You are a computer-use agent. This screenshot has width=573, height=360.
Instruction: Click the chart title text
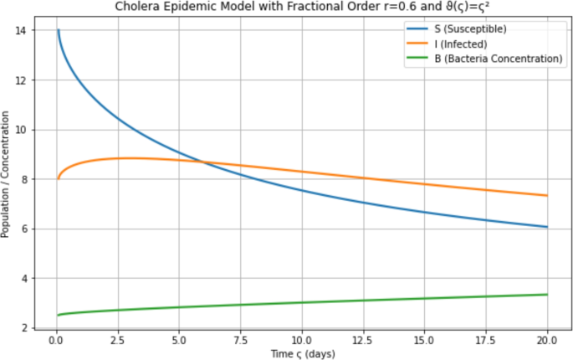[x=302, y=7]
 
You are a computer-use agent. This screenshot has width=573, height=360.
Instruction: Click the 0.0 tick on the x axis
[x=56, y=342]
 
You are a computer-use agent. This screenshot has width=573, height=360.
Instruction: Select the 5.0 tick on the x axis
[x=178, y=342]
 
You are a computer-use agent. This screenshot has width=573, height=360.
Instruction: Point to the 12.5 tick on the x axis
[x=362, y=342]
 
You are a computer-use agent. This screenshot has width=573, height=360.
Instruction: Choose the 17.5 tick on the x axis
[x=485, y=342]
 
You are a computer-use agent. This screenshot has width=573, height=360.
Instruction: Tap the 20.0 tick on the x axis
[x=546, y=342]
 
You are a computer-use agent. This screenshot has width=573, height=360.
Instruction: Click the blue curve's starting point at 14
[x=59, y=31]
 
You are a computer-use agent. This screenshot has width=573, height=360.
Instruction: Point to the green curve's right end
[x=546, y=295]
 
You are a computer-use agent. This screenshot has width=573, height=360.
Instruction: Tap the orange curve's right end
[x=546, y=196]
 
